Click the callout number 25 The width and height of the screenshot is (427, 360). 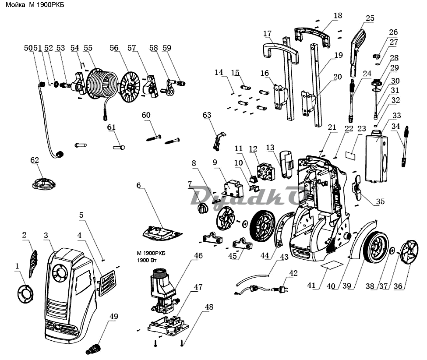370,18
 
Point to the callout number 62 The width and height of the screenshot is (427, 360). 35,160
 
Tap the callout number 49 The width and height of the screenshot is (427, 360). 114,317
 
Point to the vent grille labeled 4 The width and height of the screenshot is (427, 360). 106,283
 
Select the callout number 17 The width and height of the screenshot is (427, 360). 268,33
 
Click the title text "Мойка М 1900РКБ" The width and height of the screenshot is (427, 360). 35,5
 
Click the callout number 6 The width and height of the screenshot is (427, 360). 139,185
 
